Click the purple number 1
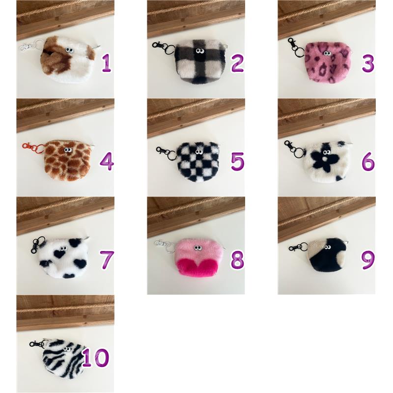point(107,63)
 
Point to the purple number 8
point(237,260)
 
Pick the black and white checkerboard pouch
point(198,162)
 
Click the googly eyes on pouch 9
point(327,248)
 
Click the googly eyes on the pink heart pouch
point(198,249)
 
